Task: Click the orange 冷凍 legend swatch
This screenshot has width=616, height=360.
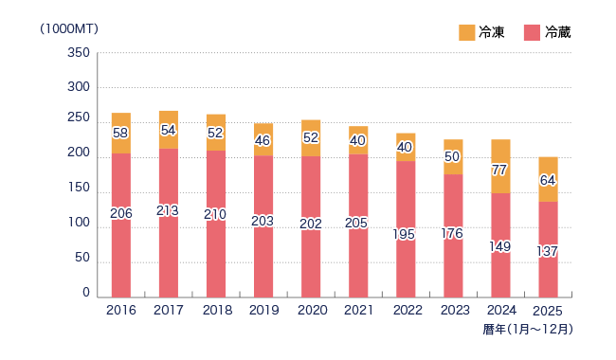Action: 466,32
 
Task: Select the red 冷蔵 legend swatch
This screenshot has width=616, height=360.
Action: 532,32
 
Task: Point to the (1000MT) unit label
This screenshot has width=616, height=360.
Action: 69,29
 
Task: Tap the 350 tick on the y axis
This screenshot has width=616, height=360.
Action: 79,53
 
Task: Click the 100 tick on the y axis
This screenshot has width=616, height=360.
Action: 79,223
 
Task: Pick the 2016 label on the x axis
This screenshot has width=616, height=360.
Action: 121,310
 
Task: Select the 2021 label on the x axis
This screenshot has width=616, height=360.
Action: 358,310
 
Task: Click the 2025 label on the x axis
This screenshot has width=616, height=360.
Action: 548,311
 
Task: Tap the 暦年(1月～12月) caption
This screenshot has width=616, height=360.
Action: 528,329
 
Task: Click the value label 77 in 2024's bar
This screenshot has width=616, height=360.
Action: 499,170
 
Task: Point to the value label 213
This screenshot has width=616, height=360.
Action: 168,211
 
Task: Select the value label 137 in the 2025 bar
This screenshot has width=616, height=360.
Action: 547,251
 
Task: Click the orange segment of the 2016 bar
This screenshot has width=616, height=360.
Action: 121,133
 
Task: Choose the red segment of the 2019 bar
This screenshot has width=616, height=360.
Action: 263,226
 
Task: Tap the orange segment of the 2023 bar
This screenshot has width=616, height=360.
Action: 453,157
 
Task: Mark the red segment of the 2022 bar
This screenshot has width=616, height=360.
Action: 406,229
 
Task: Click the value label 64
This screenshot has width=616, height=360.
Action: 548,180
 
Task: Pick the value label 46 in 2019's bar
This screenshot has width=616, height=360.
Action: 263,140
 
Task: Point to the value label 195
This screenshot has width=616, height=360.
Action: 404,234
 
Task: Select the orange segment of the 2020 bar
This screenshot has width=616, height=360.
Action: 311,138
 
